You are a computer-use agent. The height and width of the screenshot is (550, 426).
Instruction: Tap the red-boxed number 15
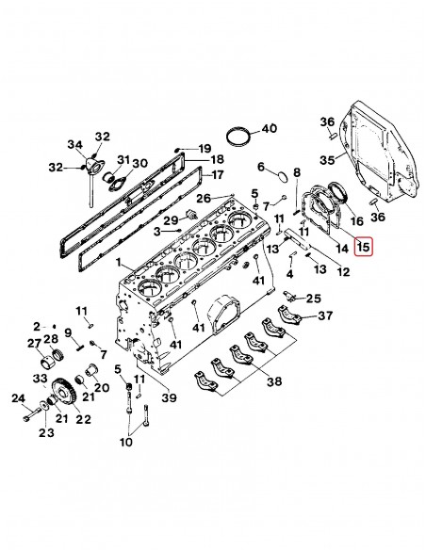(x=363, y=249)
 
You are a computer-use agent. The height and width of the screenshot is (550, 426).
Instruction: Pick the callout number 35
(x=328, y=160)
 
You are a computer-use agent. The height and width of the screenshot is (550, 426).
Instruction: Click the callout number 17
(x=217, y=173)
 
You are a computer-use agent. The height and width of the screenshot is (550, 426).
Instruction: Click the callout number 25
(x=313, y=299)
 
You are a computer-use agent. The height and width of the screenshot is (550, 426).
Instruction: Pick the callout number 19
(x=205, y=149)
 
